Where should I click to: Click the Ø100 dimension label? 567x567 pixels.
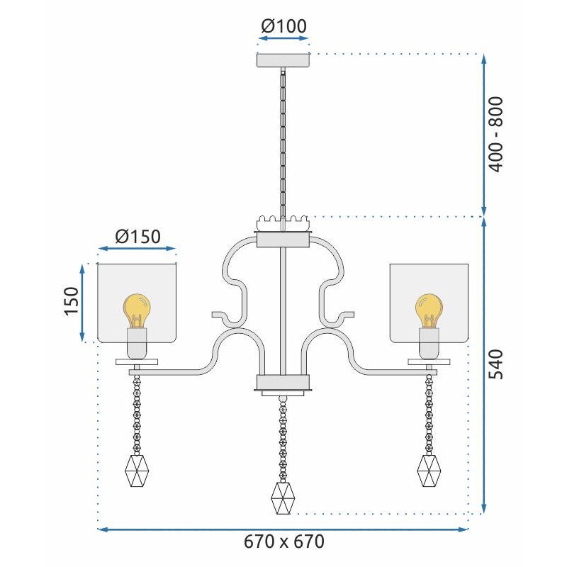(x=283, y=26)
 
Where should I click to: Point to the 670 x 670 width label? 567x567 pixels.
(x=283, y=542)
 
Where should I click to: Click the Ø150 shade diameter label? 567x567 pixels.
(x=137, y=235)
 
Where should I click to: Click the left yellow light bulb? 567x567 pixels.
(x=137, y=310)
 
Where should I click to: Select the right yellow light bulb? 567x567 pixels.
(x=429, y=310)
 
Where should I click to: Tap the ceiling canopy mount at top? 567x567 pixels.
(x=283, y=60)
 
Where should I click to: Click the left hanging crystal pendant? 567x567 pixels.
(x=136, y=469)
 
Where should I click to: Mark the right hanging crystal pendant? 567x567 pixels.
(x=430, y=469)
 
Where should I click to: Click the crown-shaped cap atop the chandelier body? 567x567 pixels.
(x=283, y=224)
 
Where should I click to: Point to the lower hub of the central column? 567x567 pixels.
(x=283, y=385)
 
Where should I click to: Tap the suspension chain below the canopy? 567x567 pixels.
(x=283, y=142)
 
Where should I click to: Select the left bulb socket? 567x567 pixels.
(x=137, y=343)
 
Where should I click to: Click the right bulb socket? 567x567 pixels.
(x=429, y=343)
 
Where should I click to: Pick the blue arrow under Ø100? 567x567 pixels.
(x=283, y=41)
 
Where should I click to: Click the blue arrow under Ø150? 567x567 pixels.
(x=137, y=249)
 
